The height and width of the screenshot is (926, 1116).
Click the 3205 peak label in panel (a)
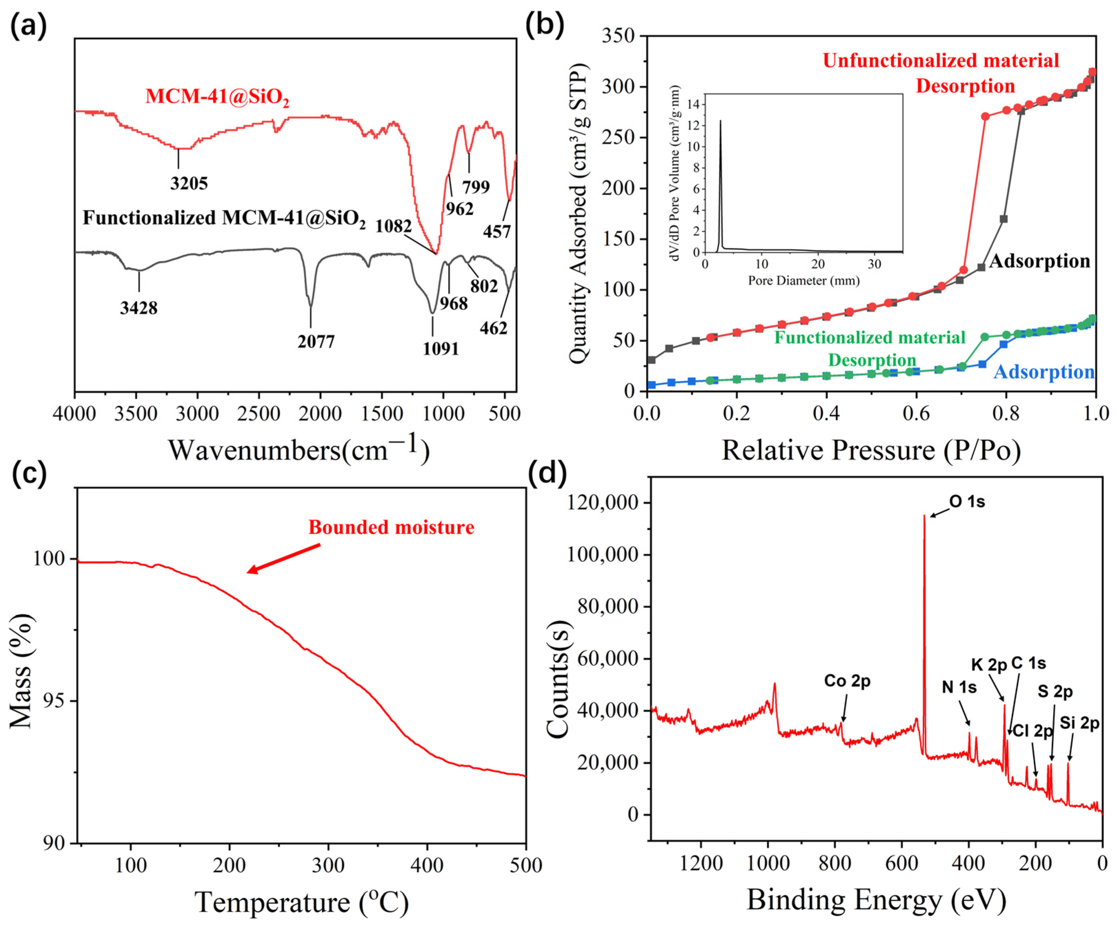coord(189,183)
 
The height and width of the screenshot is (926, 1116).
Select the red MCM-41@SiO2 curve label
coord(217,97)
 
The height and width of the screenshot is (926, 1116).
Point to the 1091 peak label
coord(440,349)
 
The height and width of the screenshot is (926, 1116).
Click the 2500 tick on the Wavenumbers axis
coord(258,413)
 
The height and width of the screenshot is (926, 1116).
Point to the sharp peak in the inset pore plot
coord(721,122)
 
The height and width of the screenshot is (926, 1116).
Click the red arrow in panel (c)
coord(284,558)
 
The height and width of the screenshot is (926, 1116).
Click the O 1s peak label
coord(967,502)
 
